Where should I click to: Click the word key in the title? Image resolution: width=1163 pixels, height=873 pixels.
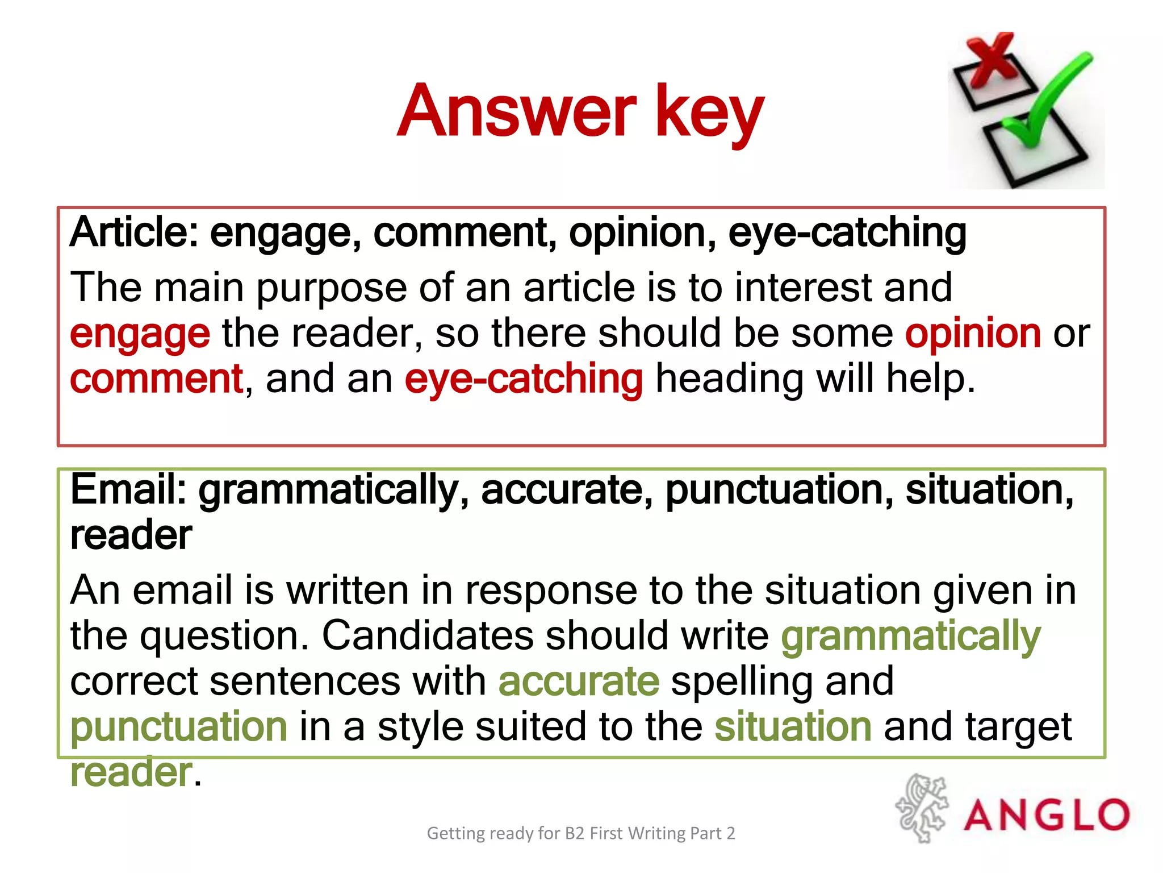coord(710,114)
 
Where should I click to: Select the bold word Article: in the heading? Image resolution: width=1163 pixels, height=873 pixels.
coord(134,232)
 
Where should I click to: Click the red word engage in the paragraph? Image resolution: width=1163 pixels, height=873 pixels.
coord(140,334)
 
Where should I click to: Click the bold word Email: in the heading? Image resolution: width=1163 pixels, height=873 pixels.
coord(128,489)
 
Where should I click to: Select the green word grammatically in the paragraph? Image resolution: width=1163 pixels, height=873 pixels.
coord(911,636)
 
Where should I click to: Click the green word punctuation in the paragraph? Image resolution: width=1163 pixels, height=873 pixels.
coord(179,727)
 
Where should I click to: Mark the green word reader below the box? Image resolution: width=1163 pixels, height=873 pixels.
coord(131,772)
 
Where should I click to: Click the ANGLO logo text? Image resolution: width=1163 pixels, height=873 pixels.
coord(1047,815)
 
